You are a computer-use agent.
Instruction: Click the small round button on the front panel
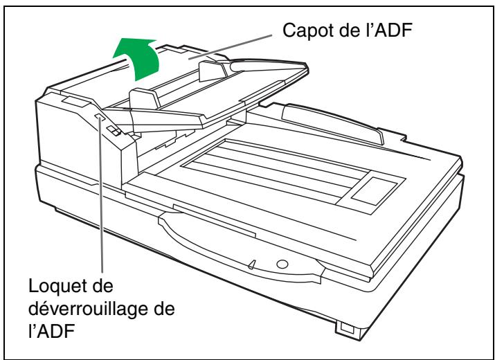pos(280,263)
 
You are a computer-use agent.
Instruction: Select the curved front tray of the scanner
pos(228,242)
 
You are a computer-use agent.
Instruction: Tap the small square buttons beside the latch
pos(115,130)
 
